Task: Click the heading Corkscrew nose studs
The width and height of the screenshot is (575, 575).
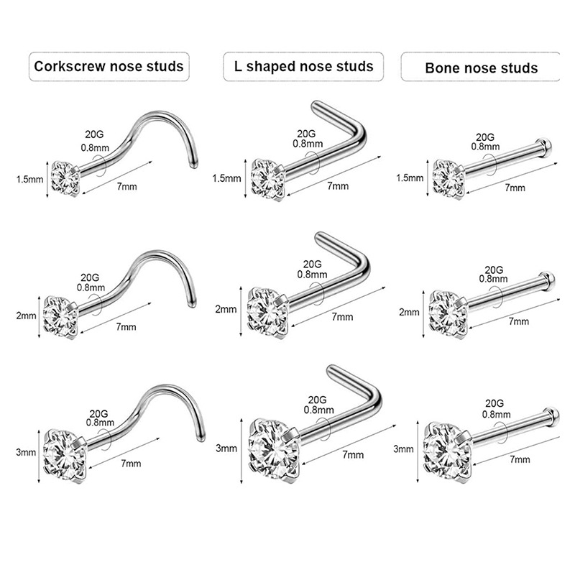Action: [109, 67]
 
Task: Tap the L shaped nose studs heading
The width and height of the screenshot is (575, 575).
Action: [303, 66]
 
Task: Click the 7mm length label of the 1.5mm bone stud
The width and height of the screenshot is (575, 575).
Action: [515, 187]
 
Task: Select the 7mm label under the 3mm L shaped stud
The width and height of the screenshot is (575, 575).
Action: [352, 455]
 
